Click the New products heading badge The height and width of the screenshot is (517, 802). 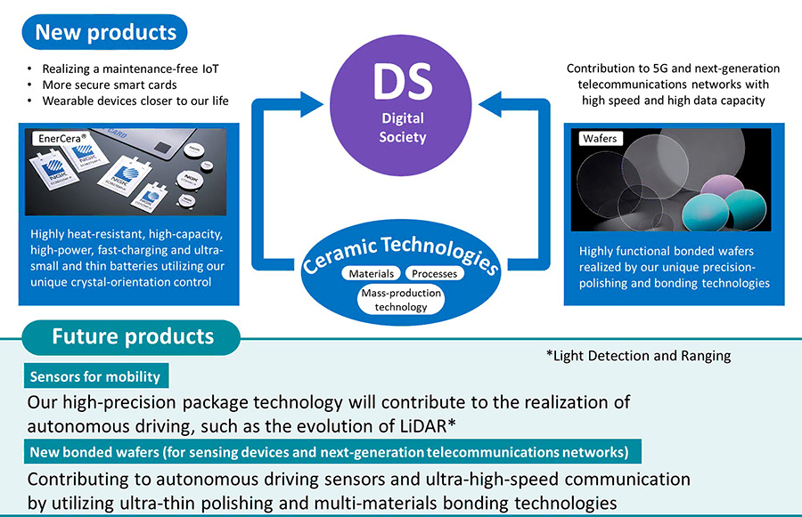point(105,34)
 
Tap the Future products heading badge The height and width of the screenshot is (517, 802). point(133,336)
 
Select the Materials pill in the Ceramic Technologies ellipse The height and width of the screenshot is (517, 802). point(372,273)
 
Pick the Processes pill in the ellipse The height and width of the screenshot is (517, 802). point(435,273)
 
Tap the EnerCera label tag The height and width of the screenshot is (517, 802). point(60,139)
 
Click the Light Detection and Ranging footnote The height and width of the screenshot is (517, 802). point(638,356)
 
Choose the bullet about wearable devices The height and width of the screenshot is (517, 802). point(135,101)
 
